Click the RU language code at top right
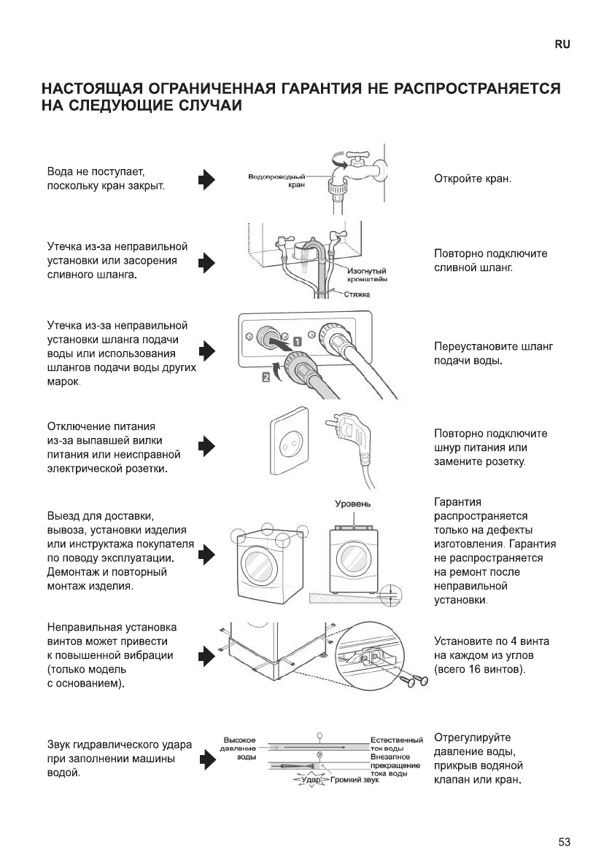[x=562, y=44]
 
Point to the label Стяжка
[x=357, y=294]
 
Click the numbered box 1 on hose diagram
[x=298, y=340]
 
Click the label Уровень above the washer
[x=353, y=504]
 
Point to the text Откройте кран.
[x=473, y=179]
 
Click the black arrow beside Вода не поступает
[x=208, y=179]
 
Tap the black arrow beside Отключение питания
[x=208, y=446]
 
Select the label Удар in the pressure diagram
[x=307, y=781]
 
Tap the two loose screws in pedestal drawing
[x=414, y=680]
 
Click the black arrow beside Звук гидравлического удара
[x=208, y=759]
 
